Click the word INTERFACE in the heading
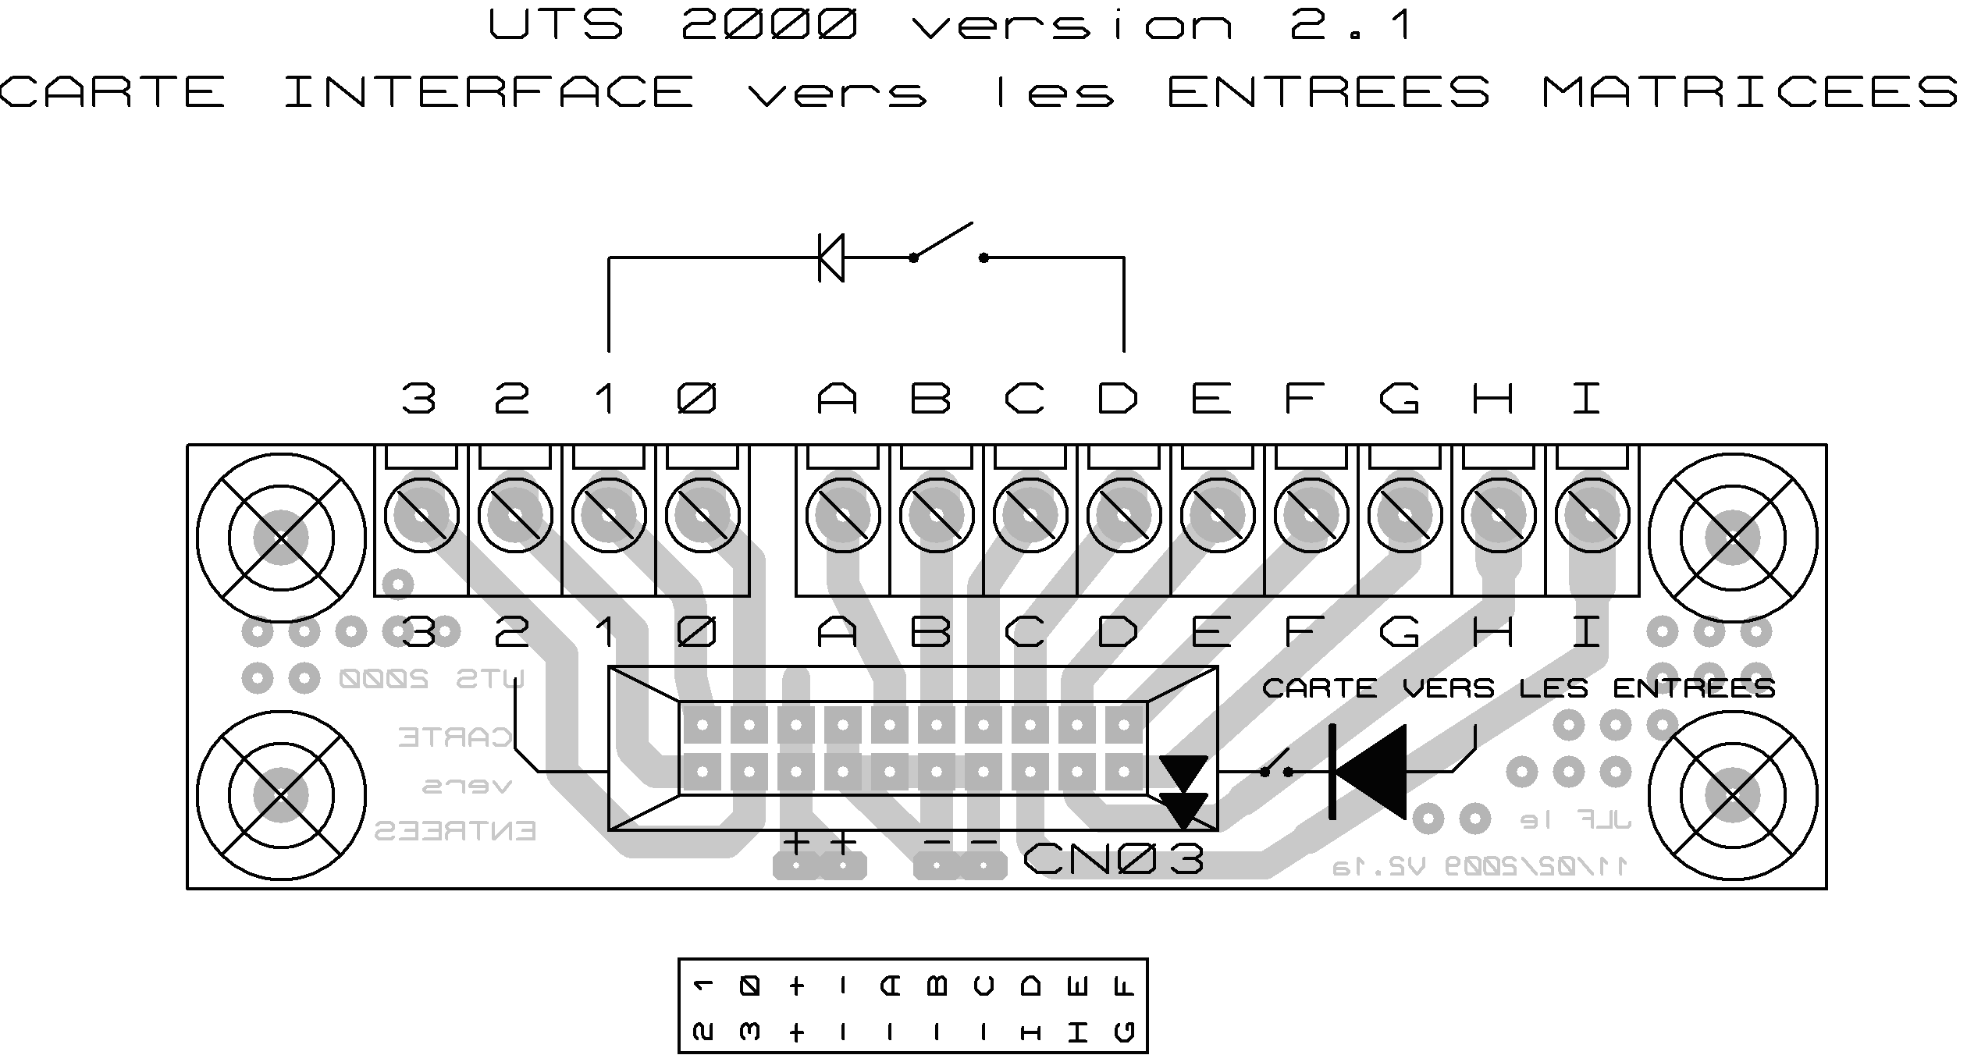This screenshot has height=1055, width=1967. tap(489, 92)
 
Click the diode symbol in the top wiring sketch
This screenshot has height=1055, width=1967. tap(831, 257)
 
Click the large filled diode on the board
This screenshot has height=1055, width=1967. tap(1368, 772)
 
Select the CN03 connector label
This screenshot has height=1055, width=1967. tap(1113, 860)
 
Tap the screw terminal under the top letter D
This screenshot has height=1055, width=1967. tap(1124, 515)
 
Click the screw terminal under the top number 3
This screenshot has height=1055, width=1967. tap(421, 515)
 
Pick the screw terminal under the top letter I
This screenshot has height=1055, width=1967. tap(1592, 515)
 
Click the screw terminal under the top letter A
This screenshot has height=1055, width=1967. tap(843, 515)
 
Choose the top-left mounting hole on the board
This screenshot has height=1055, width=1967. tap(281, 538)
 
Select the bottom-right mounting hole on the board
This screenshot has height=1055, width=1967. tap(1732, 795)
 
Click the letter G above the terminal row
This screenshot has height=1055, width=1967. tap(1399, 399)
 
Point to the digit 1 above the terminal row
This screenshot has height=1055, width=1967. tap(605, 399)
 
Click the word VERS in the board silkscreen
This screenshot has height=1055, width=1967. tap(1449, 688)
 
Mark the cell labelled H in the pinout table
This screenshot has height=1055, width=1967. tap(1030, 1032)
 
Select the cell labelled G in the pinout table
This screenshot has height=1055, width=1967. tap(1124, 1032)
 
